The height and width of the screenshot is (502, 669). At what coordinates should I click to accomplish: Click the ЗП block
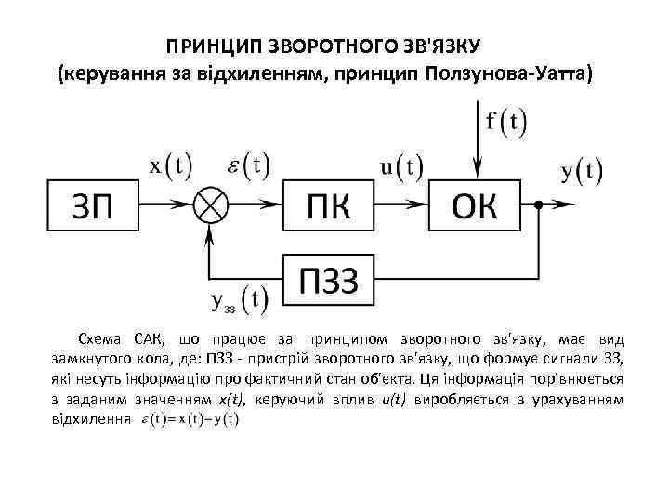tap(93, 205)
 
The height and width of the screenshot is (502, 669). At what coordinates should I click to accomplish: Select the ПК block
tap(328, 205)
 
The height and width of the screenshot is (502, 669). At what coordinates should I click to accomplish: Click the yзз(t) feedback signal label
tap(240, 299)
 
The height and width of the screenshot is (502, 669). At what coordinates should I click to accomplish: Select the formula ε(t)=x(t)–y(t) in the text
tap(190, 421)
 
